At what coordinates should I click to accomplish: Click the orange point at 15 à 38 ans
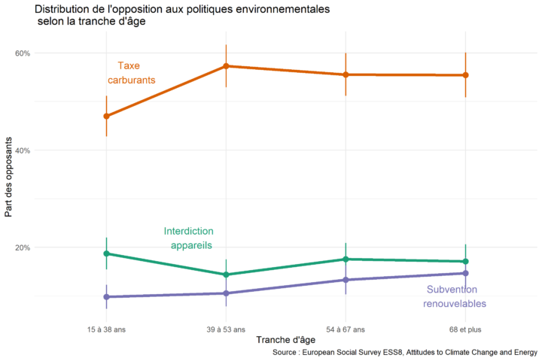click(x=106, y=116)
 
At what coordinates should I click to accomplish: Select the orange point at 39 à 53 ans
click(x=226, y=66)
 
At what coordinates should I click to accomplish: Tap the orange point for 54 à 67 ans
click(x=346, y=74)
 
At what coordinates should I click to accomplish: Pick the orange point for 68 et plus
click(x=465, y=75)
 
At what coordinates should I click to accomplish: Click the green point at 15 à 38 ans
click(x=106, y=253)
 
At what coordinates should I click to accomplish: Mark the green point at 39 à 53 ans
click(x=226, y=275)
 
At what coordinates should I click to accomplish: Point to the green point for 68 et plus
click(x=465, y=262)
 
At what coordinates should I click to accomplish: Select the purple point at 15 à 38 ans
click(x=106, y=297)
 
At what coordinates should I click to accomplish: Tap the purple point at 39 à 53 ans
click(x=226, y=293)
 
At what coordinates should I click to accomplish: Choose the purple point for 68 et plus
click(x=465, y=273)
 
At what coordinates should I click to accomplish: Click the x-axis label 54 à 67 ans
click(x=346, y=329)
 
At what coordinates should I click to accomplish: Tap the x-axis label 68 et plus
click(x=465, y=329)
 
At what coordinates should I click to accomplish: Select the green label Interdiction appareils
click(x=189, y=238)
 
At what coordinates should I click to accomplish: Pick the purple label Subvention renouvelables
click(x=454, y=296)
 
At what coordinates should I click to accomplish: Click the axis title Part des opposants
click(x=9, y=177)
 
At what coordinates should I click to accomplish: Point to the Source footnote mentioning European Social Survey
click(x=404, y=351)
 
